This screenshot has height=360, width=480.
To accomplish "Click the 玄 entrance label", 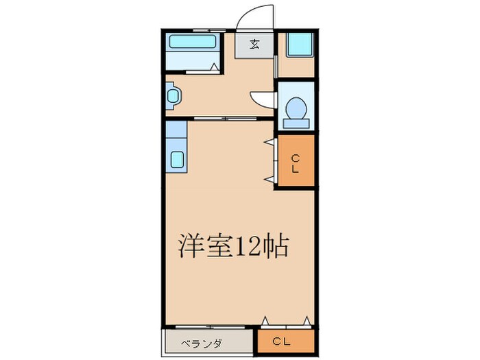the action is click(254, 45).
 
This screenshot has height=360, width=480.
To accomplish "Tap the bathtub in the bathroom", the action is click(192, 41).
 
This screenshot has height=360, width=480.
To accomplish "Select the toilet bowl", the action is click(296, 108).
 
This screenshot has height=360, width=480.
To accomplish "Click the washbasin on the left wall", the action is click(173, 96).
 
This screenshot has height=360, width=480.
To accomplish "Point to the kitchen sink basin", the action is click(177, 160).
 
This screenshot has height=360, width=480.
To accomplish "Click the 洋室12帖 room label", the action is click(233, 246).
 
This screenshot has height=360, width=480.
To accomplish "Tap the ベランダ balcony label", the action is click(201, 344).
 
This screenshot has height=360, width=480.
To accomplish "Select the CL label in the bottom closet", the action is click(281, 341).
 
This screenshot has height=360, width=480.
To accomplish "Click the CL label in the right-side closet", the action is click(296, 164).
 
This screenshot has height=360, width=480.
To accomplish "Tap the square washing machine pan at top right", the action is click(300, 44).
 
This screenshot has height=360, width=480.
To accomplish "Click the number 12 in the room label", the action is click(248, 247).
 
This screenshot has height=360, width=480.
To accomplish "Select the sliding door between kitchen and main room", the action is click(226, 119).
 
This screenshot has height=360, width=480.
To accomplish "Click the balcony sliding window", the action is click(210, 327).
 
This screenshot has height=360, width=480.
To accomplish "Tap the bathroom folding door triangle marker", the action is click(214, 67).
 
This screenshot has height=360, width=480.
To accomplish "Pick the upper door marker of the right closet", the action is click(269, 141).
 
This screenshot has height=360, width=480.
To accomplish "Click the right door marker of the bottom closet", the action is click(307, 320).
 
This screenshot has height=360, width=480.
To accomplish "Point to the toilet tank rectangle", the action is click(296, 123).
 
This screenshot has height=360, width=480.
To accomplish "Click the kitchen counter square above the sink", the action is click(176, 129).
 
